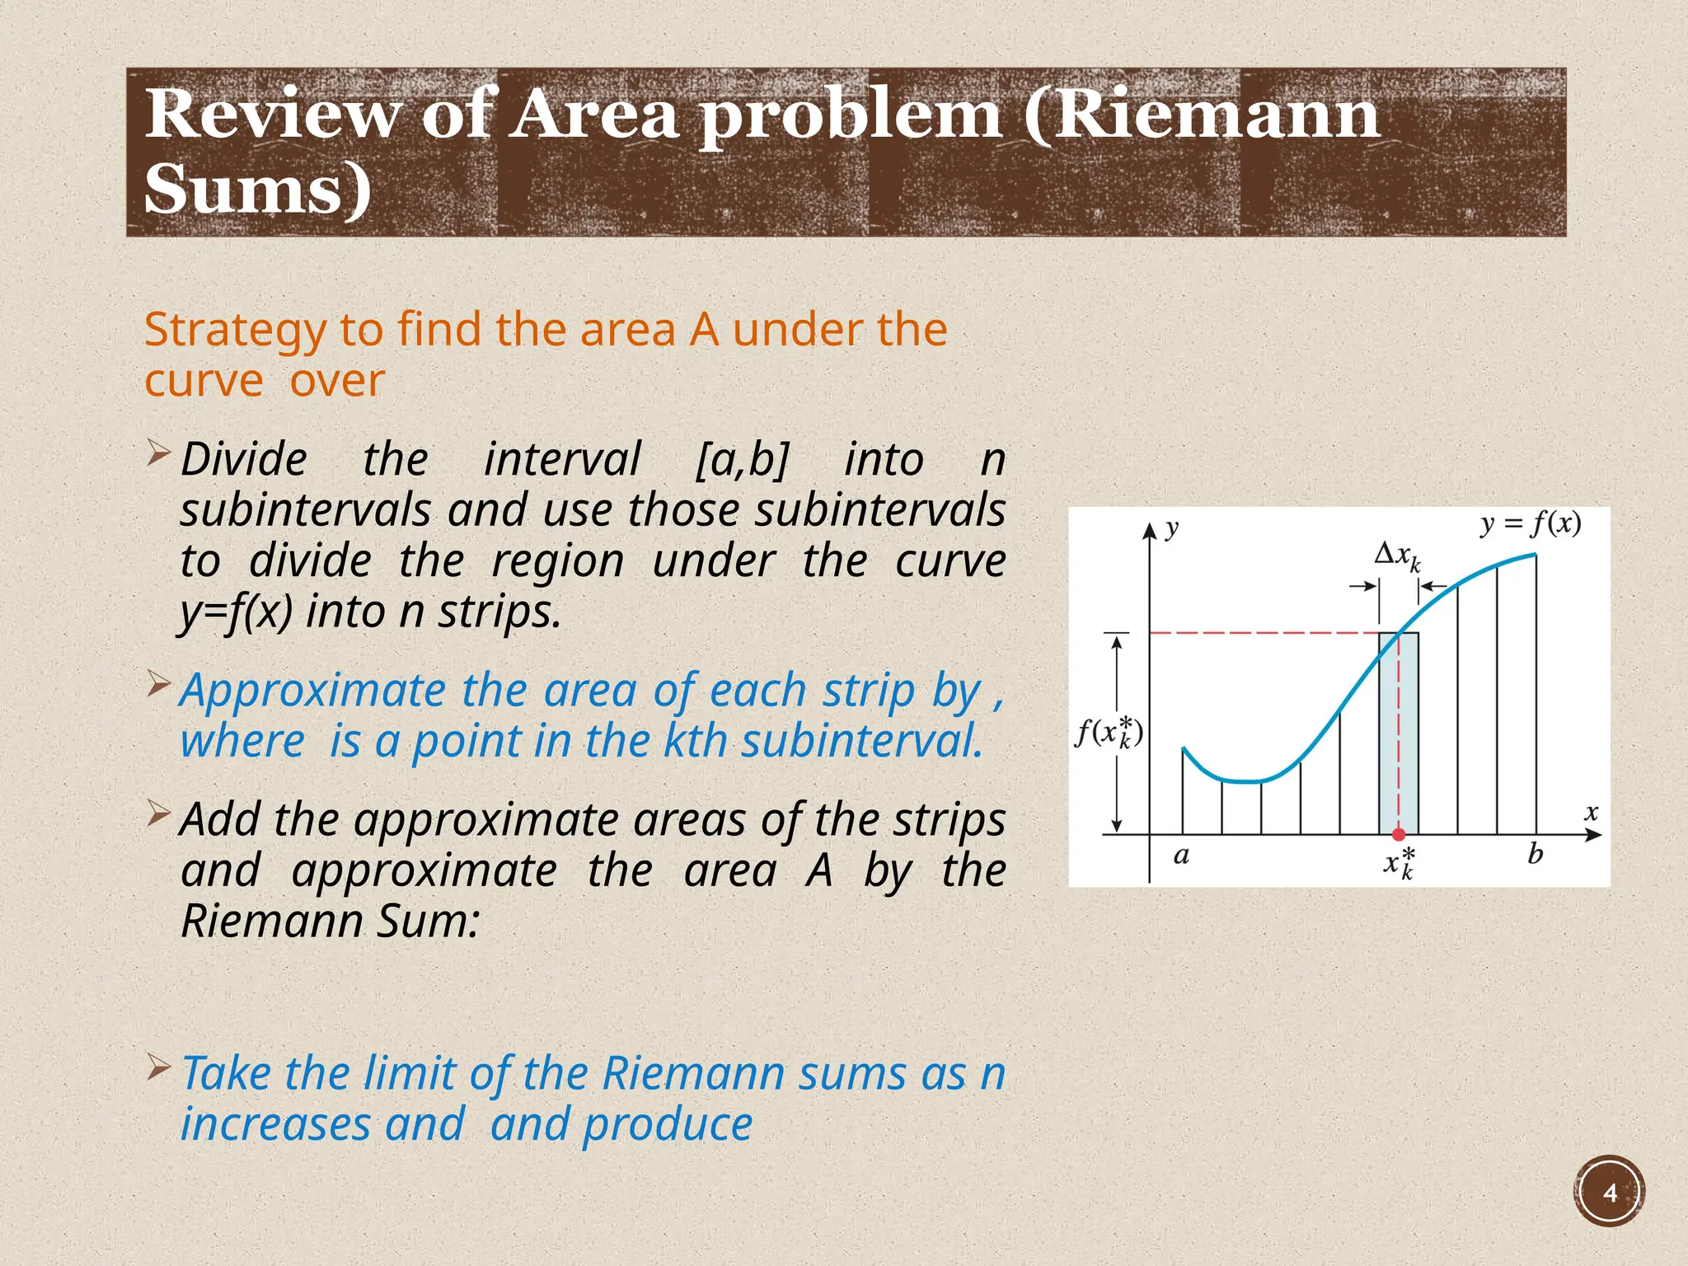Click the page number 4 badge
click(x=1609, y=1193)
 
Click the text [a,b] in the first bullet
click(x=743, y=460)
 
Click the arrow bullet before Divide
click(x=158, y=453)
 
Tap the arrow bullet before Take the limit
click(x=158, y=1068)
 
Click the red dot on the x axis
click(x=1399, y=834)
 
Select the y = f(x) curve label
click(x=1530, y=524)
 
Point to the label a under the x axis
click(x=1181, y=856)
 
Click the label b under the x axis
click(x=1535, y=854)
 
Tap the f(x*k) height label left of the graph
click(x=1109, y=732)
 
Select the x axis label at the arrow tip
click(x=1591, y=813)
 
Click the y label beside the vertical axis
click(x=1172, y=528)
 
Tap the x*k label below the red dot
click(x=1399, y=862)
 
